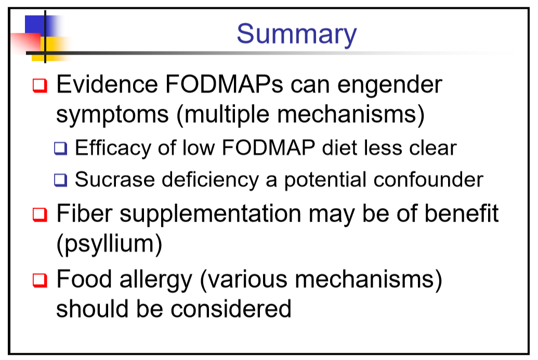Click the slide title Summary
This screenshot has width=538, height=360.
(297, 34)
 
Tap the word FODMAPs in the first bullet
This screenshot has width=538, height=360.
(224, 84)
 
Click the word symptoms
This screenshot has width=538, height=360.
(112, 115)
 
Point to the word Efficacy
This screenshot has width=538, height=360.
(113, 148)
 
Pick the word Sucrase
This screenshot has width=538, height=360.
(114, 179)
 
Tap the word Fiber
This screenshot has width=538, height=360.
(84, 213)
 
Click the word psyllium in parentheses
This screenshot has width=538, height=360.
(109, 245)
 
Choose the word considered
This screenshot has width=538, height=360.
(231, 308)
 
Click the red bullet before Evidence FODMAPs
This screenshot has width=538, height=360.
(40, 85)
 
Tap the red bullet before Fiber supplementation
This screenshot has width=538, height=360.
(40, 215)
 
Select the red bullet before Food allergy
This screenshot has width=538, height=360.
(40, 280)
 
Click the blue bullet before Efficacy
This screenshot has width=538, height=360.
(61, 148)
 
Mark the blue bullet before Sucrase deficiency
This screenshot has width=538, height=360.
(61, 180)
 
